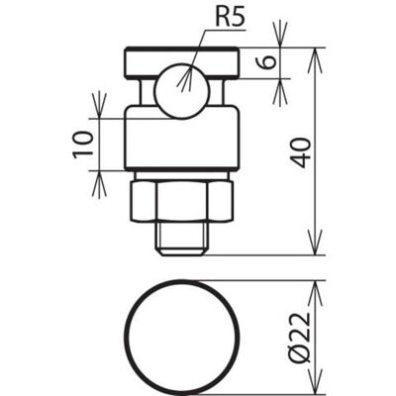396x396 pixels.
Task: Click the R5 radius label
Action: pos(231,19)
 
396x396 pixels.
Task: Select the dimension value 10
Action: pos(82,145)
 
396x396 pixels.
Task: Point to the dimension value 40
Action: pos(301,152)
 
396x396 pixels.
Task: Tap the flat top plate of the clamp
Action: pos(181,63)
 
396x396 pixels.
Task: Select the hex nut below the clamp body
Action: pos(182,201)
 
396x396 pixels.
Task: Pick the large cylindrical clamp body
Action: pos(181,138)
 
